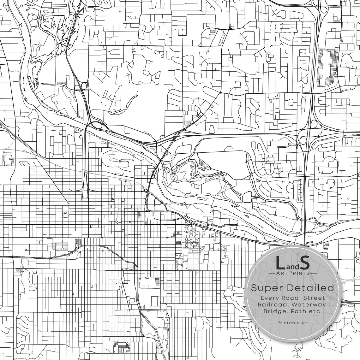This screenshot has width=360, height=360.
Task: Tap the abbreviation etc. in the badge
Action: pos(313,311)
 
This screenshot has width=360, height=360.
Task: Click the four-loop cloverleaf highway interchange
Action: pos(308,133)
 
